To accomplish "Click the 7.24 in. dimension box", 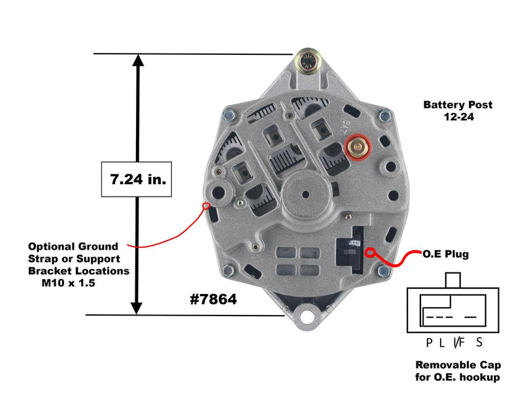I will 137,178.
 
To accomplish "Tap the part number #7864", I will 212,299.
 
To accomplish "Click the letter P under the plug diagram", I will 429,342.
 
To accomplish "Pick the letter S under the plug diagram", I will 479,342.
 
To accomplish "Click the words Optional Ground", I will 73,246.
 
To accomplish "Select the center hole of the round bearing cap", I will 306,193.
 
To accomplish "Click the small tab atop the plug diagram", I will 452,280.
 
